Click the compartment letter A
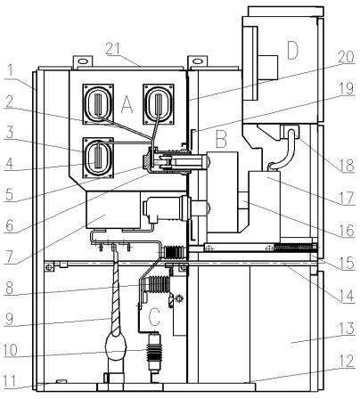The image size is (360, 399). tap(127, 105)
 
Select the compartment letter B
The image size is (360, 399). tap(222, 139)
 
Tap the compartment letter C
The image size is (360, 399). tap(154, 317)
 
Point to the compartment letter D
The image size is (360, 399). tap(292, 50)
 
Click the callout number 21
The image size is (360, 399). tap(114, 49)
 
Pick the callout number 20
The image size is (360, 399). tap(346, 57)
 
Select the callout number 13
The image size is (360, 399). tap(346, 329)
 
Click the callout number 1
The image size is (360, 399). tap(10, 71)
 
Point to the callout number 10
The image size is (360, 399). tap(11, 351)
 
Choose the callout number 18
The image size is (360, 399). tap(347, 165)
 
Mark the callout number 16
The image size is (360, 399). tap(347, 231)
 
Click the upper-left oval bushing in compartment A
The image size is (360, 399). tap(98, 104)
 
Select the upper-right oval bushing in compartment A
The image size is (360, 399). tap(159, 104)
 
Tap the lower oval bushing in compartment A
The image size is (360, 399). tap(98, 158)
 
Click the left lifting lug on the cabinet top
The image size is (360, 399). tap(83, 61)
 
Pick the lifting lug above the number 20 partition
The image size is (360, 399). tap(197, 61)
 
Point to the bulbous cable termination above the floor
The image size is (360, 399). tap(116, 346)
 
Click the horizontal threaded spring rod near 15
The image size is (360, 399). tap(293, 247)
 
